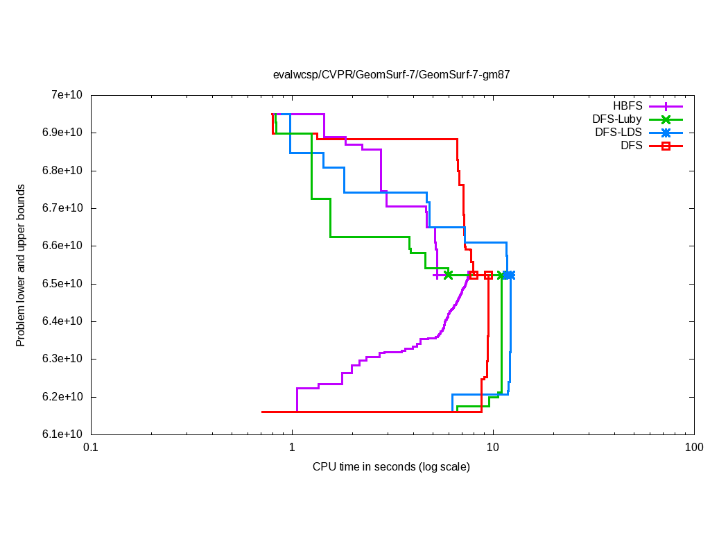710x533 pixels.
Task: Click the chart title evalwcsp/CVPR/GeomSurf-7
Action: click(x=391, y=74)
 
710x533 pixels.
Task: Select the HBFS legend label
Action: click(x=628, y=106)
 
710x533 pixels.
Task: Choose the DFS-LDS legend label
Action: click(x=618, y=133)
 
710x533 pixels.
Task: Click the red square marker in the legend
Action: click(x=666, y=146)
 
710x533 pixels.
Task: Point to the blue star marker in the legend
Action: click(x=666, y=133)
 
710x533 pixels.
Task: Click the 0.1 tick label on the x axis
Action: click(x=90, y=448)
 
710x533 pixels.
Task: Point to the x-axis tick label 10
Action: click(x=493, y=448)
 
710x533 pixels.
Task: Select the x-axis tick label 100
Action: click(x=694, y=448)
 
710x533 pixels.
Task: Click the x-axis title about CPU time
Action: click(x=391, y=467)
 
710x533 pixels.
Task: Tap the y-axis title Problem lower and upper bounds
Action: click(x=21, y=265)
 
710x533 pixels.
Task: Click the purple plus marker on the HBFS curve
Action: click(x=435, y=276)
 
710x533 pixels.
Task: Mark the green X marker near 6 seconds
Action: click(x=448, y=275)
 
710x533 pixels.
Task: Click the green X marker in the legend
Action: click(x=666, y=119)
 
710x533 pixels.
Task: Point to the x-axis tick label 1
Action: click(x=291, y=448)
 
